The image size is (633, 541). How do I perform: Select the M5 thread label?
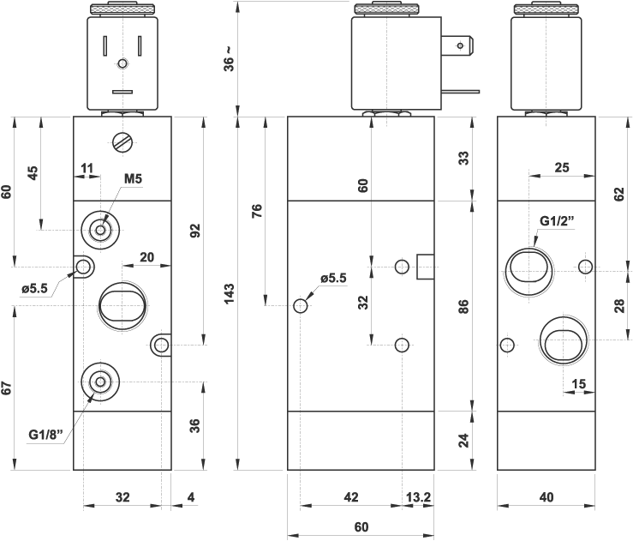point(132,178)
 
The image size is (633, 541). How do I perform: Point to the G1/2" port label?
point(557,220)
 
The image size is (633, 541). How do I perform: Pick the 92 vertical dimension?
point(195,230)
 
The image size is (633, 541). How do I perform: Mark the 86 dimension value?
point(463,306)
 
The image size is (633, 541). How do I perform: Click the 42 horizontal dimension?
point(351,496)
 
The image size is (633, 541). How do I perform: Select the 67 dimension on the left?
point(7,387)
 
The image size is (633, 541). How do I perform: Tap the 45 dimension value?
point(33,172)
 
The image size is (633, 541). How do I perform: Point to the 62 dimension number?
point(619,194)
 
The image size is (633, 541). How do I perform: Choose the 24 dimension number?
point(463,441)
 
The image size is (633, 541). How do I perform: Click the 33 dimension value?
point(463,158)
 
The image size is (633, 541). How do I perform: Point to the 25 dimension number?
point(562,168)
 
